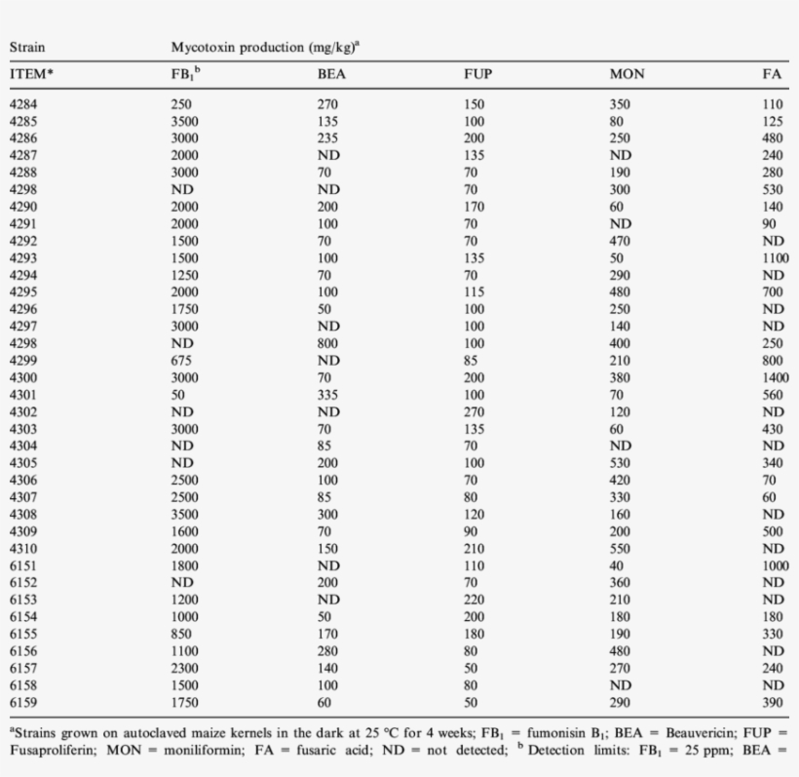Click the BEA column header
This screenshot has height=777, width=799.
(331, 74)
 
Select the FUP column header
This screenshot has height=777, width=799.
(477, 74)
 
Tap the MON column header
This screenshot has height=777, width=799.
(626, 74)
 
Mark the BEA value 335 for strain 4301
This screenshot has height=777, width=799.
(328, 395)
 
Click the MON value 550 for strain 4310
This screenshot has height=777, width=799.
(621, 548)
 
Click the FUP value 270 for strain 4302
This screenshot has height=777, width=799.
(475, 410)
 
